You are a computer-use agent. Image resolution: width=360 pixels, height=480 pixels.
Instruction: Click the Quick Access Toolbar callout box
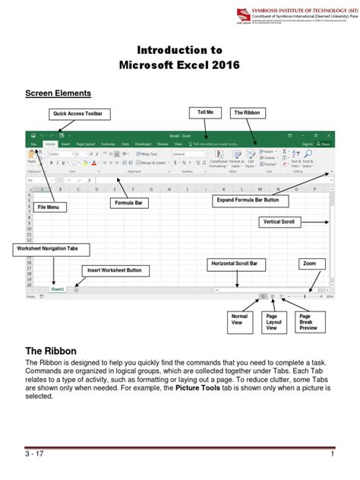(x=77, y=114)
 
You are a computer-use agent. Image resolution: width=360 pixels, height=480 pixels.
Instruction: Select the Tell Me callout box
(x=205, y=112)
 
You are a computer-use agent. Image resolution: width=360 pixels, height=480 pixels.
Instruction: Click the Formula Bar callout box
(x=131, y=204)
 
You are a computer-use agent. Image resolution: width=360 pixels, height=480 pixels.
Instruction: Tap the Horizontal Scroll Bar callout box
(x=236, y=264)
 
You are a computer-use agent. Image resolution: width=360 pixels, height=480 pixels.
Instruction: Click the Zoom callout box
(x=309, y=264)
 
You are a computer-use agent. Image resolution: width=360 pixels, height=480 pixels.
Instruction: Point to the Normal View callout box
(x=240, y=321)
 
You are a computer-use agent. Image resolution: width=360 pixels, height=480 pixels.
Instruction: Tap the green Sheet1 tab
(x=58, y=289)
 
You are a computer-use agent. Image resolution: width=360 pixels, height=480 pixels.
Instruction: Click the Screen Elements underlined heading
(x=58, y=93)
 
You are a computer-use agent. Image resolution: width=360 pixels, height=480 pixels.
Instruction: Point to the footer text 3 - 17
(x=35, y=454)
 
